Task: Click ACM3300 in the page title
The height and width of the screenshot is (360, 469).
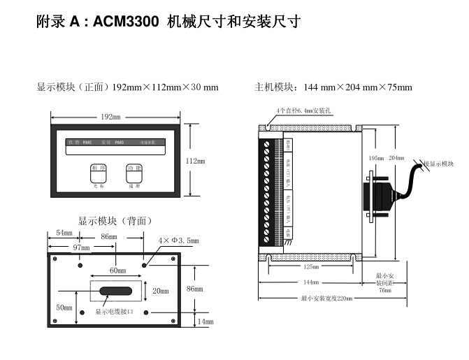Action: click(x=127, y=22)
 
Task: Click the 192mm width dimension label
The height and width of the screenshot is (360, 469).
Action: click(x=110, y=117)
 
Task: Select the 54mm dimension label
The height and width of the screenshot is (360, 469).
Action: click(x=64, y=232)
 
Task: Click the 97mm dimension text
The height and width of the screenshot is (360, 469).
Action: click(x=82, y=247)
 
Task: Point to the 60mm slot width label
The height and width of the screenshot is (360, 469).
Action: click(x=117, y=270)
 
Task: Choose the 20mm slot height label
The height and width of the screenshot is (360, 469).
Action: click(x=161, y=291)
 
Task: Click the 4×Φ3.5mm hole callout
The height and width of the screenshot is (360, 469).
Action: click(x=178, y=240)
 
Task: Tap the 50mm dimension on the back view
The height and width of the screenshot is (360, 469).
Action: click(x=64, y=308)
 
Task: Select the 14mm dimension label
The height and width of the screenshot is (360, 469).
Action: click(x=205, y=322)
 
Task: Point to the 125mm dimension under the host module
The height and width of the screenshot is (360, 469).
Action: click(x=311, y=267)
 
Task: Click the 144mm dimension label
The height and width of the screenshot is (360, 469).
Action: click(x=310, y=282)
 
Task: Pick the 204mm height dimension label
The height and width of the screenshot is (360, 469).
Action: click(x=396, y=158)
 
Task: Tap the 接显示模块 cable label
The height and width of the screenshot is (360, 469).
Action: click(x=438, y=164)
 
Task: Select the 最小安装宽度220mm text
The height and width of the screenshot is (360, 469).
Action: click(x=326, y=298)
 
